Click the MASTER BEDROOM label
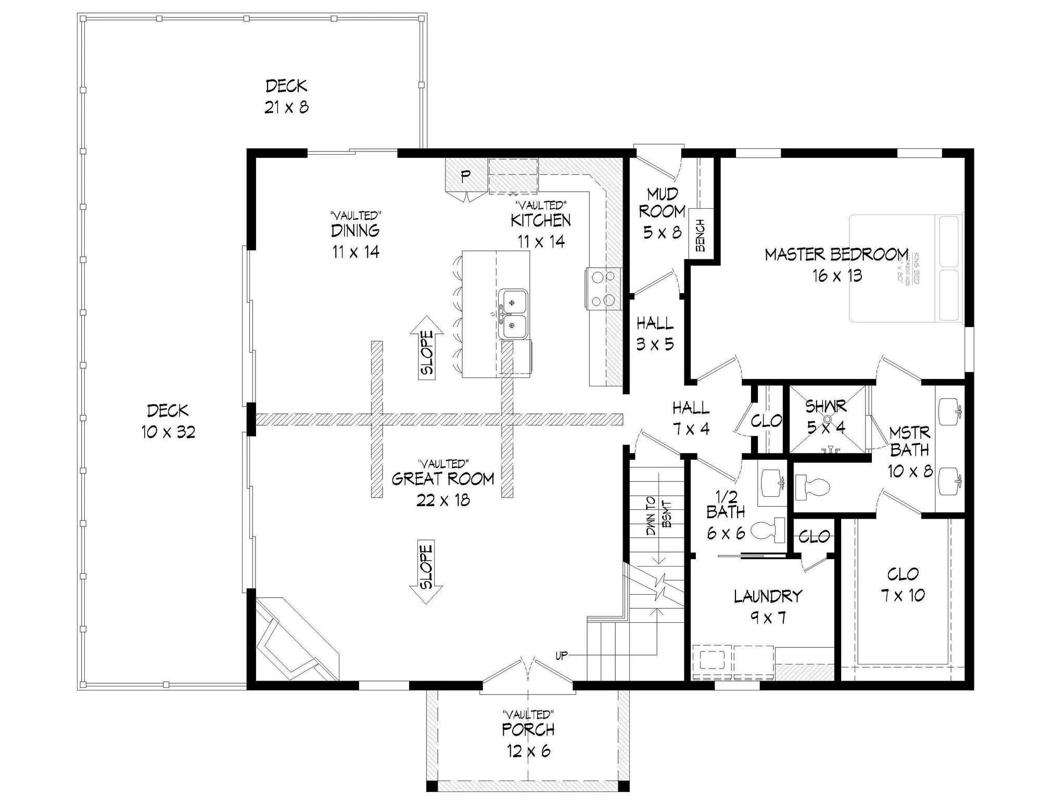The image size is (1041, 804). (x=836, y=255)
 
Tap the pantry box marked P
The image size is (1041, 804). (x=465, y=175)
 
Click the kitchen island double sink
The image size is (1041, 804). (x=513, y=314)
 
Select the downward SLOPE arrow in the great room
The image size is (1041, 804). (x=426, y=571)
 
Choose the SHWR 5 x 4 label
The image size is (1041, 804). (x=826, y=416)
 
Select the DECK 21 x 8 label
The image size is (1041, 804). (x=286, y=96)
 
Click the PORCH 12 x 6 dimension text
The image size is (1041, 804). (x=528, y=751)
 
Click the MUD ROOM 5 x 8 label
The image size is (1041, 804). (x=662, y=213)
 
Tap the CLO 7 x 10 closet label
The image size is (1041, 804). (x=903, y=584)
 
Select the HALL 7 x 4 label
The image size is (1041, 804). (x=691, y=418)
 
